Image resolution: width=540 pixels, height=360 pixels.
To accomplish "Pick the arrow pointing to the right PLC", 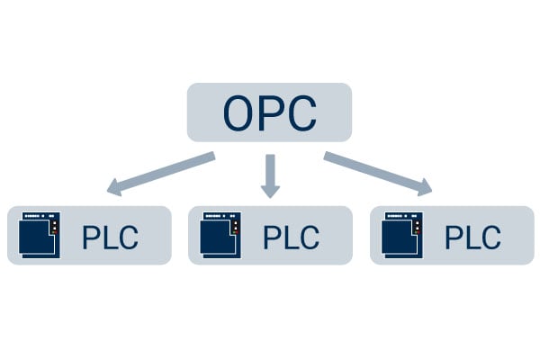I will pos(378,174).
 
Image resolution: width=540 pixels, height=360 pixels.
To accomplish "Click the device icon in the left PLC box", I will pos(39,236).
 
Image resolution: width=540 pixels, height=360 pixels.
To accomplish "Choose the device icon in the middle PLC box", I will pos(220,236).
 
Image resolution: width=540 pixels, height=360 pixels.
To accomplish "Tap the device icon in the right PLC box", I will pos(400,236).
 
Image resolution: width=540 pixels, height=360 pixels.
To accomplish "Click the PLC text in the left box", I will pos(110,238).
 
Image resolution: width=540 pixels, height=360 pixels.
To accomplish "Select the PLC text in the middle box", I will pos(290,238).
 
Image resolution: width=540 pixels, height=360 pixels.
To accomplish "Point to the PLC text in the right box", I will pos(472,238).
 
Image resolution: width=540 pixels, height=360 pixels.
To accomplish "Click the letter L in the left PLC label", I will pos(109,238).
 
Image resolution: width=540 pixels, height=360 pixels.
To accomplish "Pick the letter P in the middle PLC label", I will pos(271,238).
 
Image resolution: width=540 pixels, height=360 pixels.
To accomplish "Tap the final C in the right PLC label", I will pos(490,238).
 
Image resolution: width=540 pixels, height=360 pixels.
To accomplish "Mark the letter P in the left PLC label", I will pos(91,238).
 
